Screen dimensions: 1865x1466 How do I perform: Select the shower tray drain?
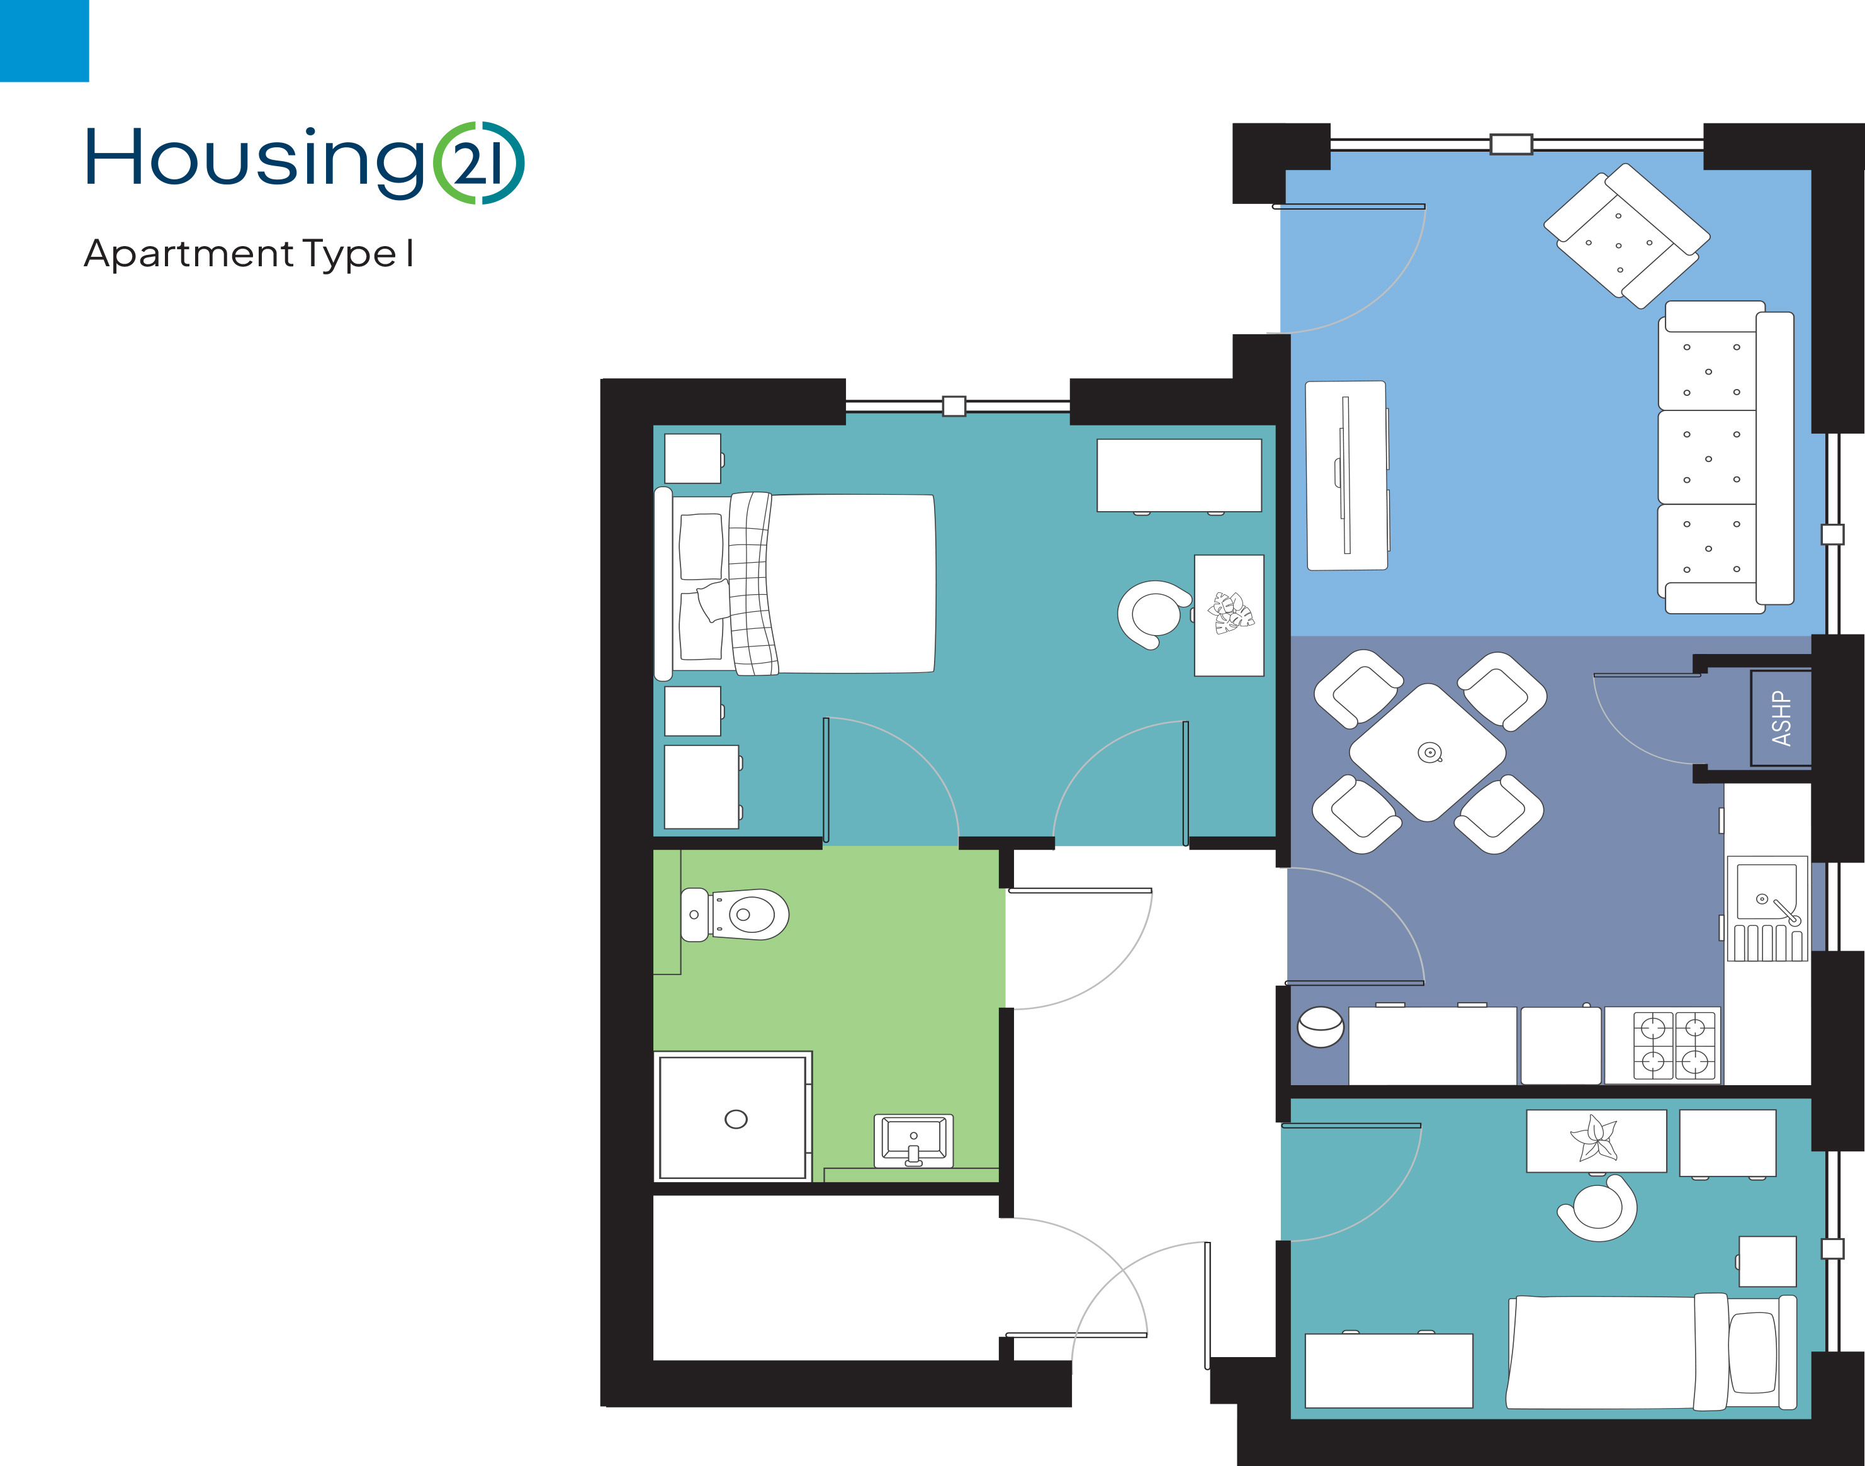(736, 1119)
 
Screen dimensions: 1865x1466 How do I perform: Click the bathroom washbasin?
(913, 1141)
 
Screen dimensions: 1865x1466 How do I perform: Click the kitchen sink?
(1767, 908)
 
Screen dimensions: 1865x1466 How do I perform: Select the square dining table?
(1428, 753)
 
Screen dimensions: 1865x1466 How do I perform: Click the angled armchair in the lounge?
(1626, 236)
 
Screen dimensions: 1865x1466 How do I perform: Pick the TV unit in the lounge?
(1346, 475)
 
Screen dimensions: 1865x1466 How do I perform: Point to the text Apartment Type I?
(249, 254)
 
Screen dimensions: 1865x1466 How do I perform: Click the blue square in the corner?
(45, 41)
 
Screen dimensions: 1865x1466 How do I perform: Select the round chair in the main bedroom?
(1154, 614)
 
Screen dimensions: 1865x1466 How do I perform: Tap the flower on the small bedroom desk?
(1594, 1138)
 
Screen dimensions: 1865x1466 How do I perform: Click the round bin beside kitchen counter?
(1320, 1027)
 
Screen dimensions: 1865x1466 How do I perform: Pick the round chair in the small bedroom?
(1597, 1208)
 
